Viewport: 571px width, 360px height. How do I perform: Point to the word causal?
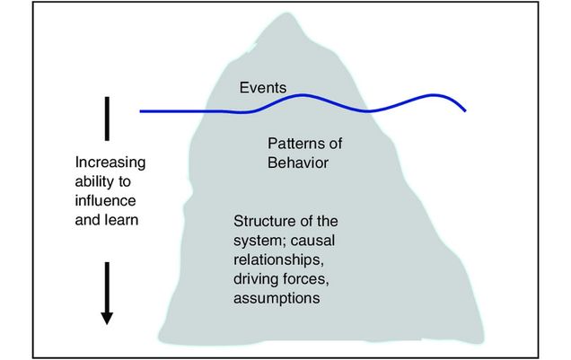pyautogui.click(x=313, y=241)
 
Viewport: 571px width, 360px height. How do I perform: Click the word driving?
pyautogui.click(x=255, y=279)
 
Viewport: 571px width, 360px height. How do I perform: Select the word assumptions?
pyautogui.click(x=277, y=299)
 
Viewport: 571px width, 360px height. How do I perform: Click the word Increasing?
pyautogui.click(x=110, y=163)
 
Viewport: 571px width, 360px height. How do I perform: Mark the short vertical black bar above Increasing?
pyautogui.click(x=107, y=119)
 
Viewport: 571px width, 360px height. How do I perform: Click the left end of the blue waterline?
pyautogui.click(x=142, y=111)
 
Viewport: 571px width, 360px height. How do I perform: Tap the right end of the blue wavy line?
pyautogui.click(x=465, y=111)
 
